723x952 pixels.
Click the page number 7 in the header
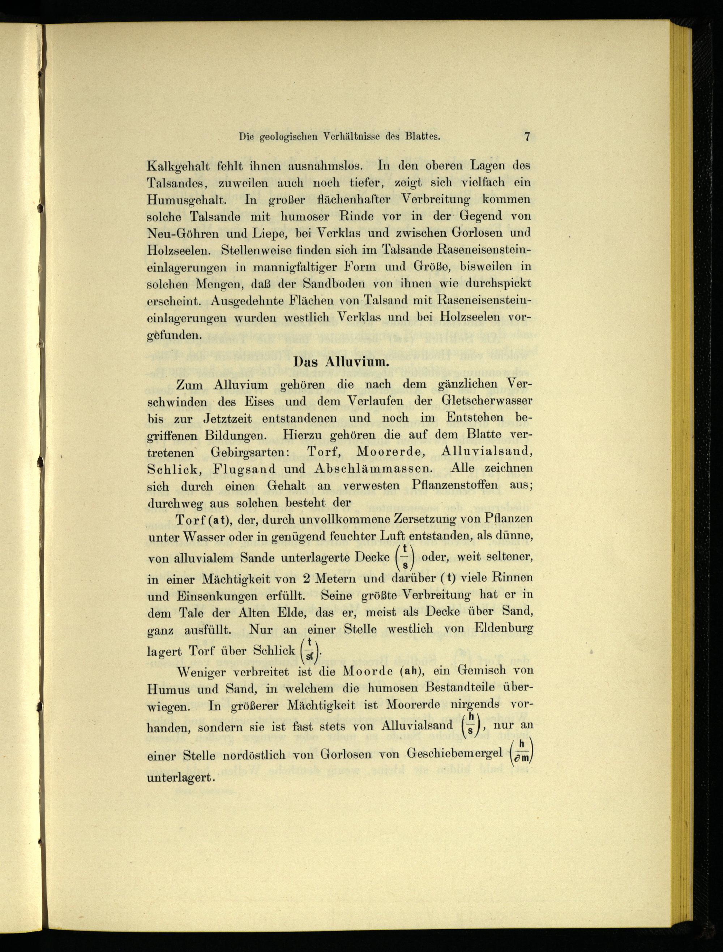point(527,137)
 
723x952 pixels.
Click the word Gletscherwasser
point(487,400)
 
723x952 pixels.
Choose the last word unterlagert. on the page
point(181,778)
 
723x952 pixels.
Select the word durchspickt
point(500,284)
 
